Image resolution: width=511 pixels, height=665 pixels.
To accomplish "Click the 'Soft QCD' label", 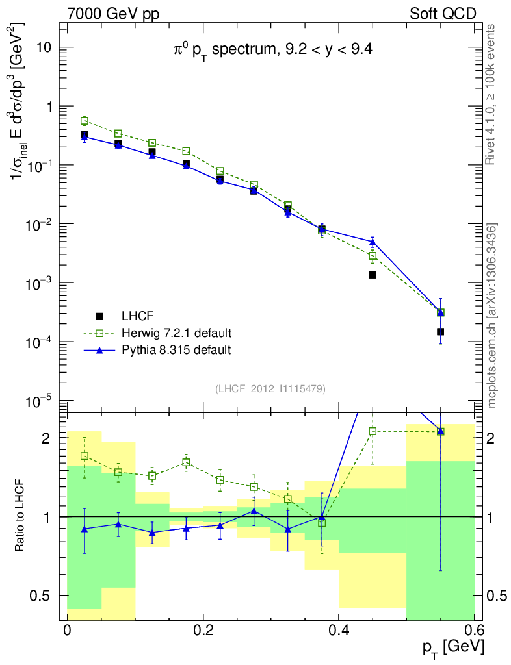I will coord(443,13).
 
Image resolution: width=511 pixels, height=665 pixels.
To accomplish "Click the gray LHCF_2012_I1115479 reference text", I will coord(270,388).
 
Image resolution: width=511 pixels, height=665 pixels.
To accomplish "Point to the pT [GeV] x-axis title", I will coord(452,647).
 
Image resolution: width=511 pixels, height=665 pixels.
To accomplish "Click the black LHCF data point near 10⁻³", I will coord(373,275).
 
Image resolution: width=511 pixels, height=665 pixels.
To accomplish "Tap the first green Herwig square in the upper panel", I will coord(84,121).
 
